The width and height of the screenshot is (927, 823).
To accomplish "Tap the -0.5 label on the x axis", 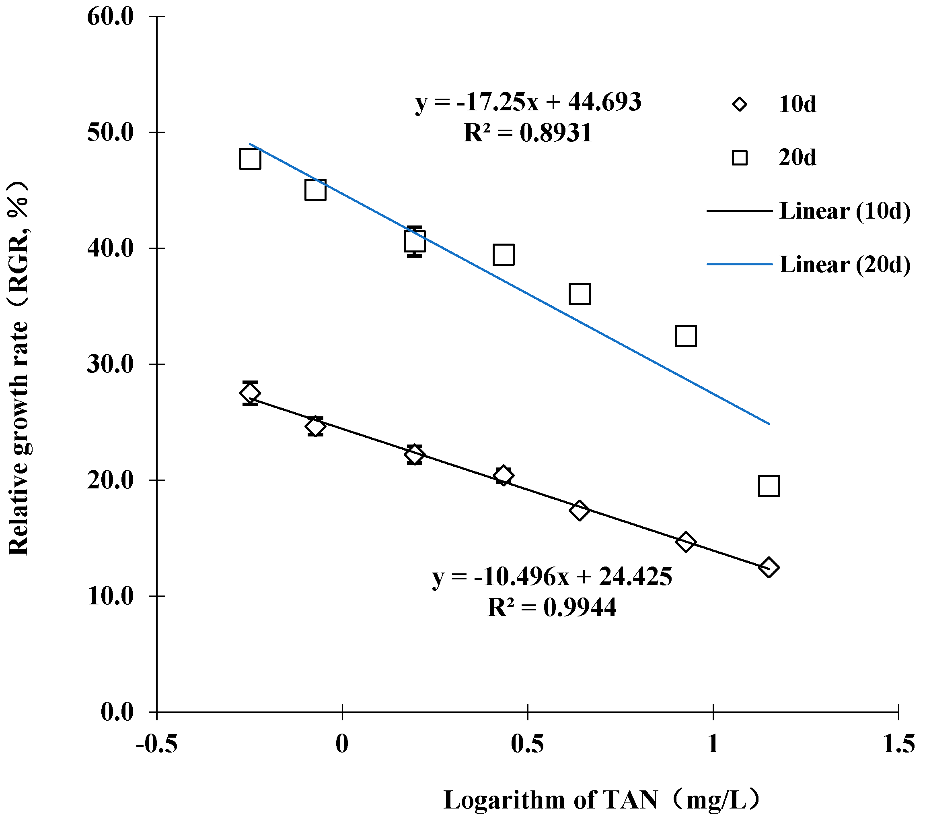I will (x=156, y=745).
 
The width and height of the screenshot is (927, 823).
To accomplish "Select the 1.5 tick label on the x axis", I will (x=898, y=745).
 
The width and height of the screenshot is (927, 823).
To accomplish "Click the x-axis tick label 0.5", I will (x=528, y=745).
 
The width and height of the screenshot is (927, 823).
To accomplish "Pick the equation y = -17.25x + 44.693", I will (x=528, y=102).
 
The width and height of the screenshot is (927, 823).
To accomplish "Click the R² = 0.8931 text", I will (x=528, y=133).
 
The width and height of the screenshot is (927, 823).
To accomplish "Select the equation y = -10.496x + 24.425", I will (x=552, y=577).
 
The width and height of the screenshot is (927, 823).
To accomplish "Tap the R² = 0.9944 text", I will (x=552, y=607).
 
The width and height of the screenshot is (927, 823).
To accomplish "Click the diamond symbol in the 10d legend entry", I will (x=740, y=105).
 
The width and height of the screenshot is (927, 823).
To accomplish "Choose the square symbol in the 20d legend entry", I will (x=740, y=158).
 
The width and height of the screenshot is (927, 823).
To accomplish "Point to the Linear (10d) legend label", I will (x=845, y=211).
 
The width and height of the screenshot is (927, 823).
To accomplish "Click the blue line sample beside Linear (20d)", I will (x=739, y=264).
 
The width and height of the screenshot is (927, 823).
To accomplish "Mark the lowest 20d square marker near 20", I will (x=769, y=486).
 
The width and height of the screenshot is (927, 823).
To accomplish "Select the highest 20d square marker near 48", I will (x=250, y=159).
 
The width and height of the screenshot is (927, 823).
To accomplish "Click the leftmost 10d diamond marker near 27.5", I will (x=250, y=393).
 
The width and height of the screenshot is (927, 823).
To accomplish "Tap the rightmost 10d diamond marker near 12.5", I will (x=769, y=567).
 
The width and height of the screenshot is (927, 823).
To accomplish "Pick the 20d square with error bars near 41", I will (x=415, y=241).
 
